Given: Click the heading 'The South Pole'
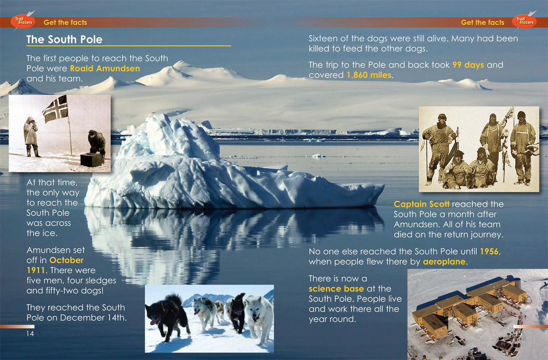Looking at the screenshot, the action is point(64,39).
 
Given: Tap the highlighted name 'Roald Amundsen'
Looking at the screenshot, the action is point(105,68).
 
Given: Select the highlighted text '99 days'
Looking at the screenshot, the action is point(468,65).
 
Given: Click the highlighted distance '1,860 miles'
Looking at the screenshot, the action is point(369,75).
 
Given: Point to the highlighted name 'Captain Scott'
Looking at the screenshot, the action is point(422,204).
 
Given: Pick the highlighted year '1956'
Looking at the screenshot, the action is point(489,251).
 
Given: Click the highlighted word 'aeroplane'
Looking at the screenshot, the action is point(444,262).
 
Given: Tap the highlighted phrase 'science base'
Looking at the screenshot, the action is point(336,289).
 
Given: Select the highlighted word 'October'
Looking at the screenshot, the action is point(66,260).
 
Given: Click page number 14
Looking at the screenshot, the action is point(30,334).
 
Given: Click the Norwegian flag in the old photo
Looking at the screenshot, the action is point(56,109).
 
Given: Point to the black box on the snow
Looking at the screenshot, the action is point(91,160).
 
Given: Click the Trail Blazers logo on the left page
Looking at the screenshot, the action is point(23,22).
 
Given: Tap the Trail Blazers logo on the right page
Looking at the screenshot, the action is point(524,22).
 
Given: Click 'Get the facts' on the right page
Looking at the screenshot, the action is point(482,22).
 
